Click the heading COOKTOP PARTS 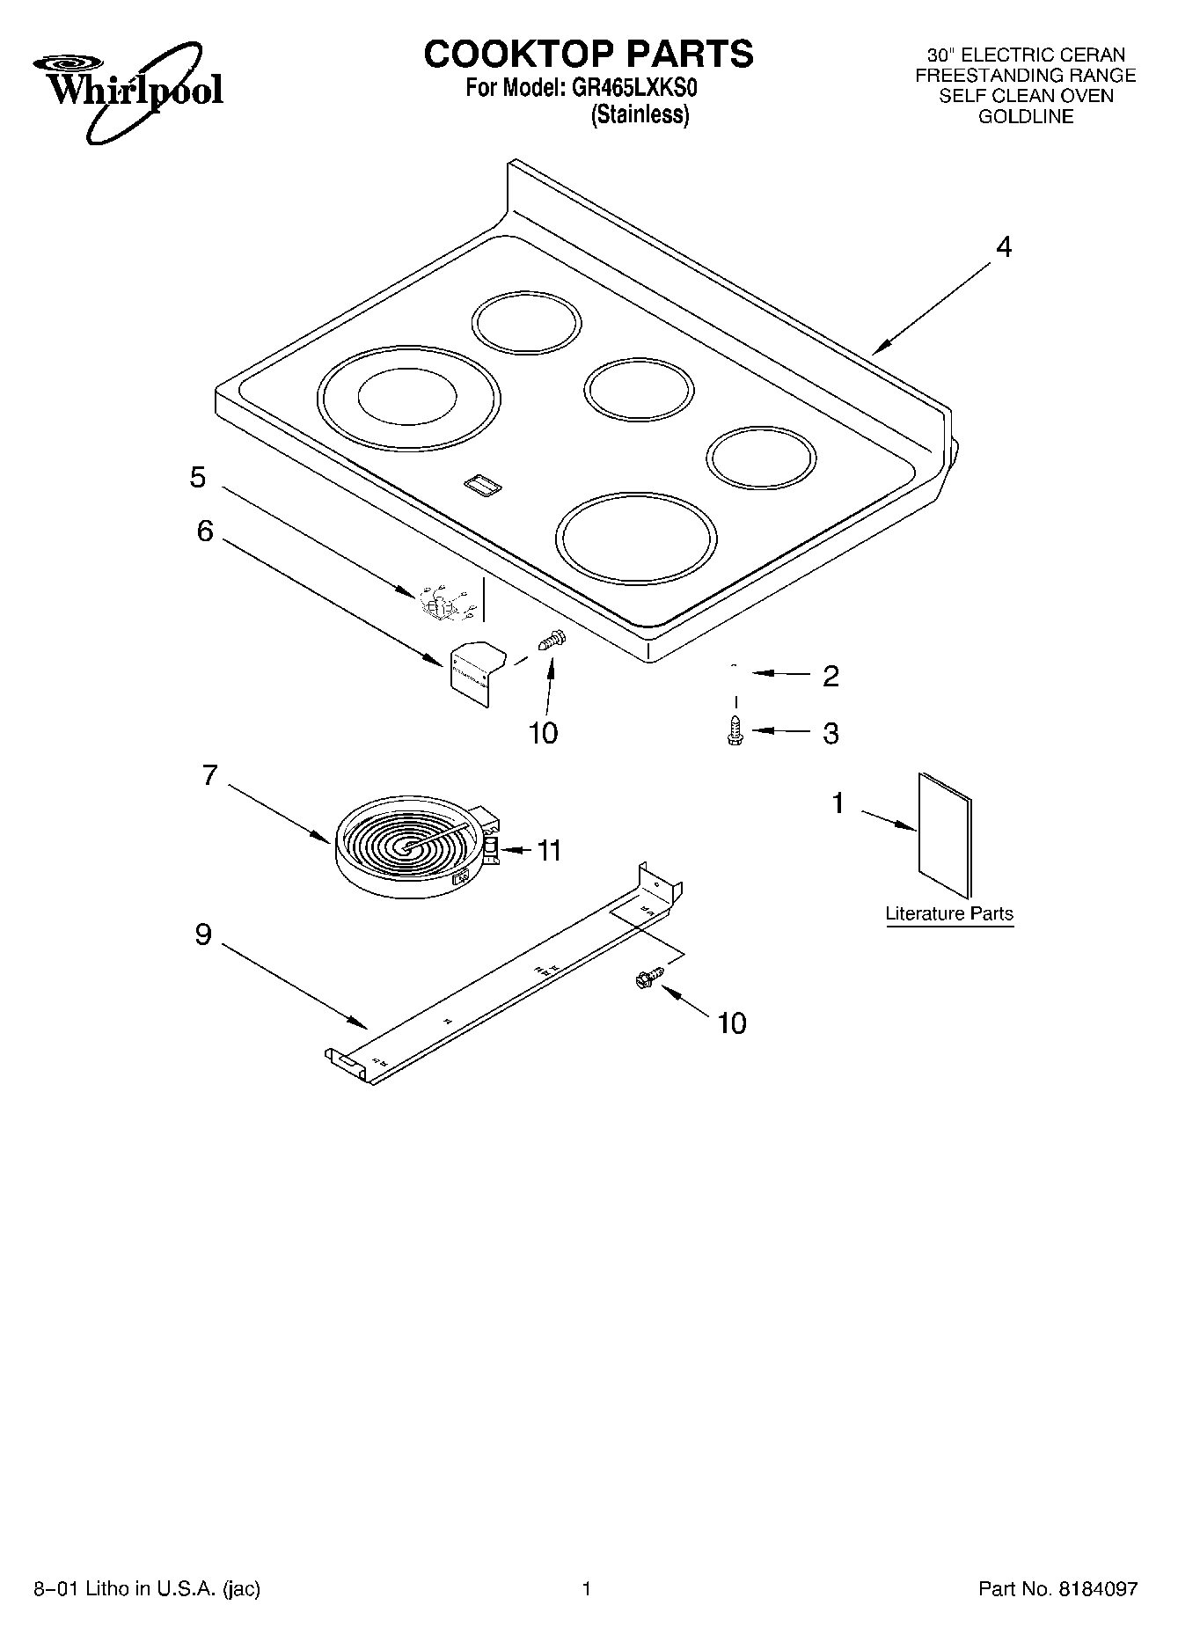click(x=588, y=54)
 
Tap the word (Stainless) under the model click(x=640, y=115)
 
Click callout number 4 click(x=1003, y=247)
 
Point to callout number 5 click(x=198, y=477)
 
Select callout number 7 click(x=209, y=775)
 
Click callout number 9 click(x=203, y=934)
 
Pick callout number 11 click(x=549, y=850)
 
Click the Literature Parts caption click(x=948, y=913)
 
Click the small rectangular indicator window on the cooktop click(x=481, y=482)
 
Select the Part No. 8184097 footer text click(x=1057, y=1589)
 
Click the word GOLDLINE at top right click(x=1026, y=117)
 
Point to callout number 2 click(x=830, y=676)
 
